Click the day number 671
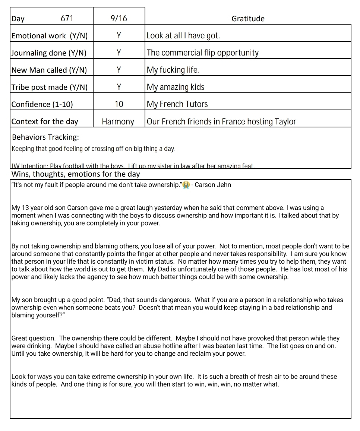(x=67, y=19)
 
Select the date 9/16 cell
(x=119, y=19)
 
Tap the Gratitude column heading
(x=248, y=19)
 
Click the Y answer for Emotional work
(x=119, y=36)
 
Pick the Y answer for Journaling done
(x=119, y=53)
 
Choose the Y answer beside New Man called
(x=119, y=70)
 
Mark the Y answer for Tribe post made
(x=119, y=87)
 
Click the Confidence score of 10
(x=119, y=104)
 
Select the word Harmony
(x=118, y=122)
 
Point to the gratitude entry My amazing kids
(x=176, y=87)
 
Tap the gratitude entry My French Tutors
(x=177, y=104)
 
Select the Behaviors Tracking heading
(x=45, y=137)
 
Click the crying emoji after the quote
(x=186, y=185)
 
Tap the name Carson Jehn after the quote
(x=213, y=185)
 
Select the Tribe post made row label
(x=50, y=87)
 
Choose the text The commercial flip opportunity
(x=202, y=53)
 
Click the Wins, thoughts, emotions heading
(x=76, y=174)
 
